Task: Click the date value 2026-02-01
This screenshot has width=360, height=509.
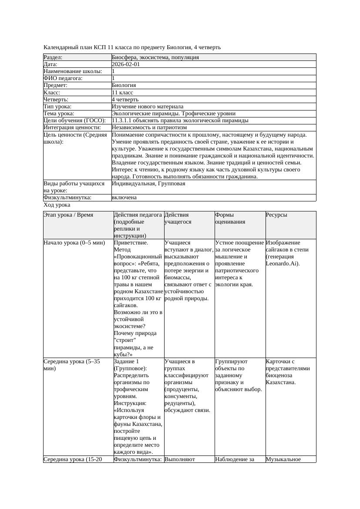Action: pos(126,64)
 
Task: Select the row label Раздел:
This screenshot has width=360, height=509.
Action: pos(53,57)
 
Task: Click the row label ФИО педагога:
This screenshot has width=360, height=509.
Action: pos(63,78)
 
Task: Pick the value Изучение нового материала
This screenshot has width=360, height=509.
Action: pos(148,107)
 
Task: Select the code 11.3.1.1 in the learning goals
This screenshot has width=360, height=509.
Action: pos(123,121)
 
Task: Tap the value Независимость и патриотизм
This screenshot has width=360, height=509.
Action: pos(149,127)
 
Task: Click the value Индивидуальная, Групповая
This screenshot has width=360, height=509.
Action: pos(148,184)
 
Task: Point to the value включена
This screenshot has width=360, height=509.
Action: pos(124,198)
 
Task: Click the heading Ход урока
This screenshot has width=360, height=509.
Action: pos(57,205)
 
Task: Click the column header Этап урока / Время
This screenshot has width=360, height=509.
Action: pos(68,215)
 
